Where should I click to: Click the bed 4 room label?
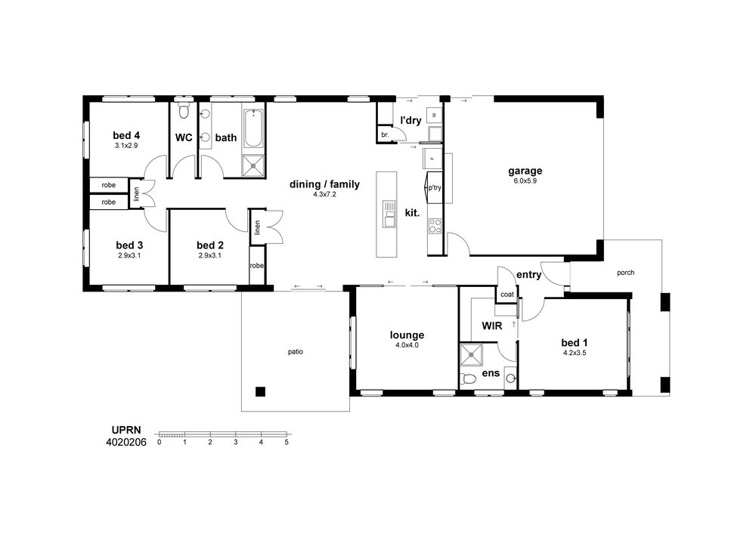(x=126, y=135)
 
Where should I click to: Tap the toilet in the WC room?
(x=183, y=110)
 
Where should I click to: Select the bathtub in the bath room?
(x=253, y=128)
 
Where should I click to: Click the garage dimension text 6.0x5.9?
(x=525, y=181)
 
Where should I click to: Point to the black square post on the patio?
(x=260, y=391)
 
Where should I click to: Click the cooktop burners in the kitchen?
(x=435, y=227)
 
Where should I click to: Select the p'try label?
(x=435, y=188)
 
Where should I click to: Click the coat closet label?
(x=507, y=295)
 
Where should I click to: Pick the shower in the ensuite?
(x=472, y=356)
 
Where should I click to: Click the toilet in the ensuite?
(x=467, y=379)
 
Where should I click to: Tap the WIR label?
(x=492, y=326)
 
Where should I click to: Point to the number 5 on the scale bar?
(x=287, y=442)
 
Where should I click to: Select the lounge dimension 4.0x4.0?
(x=407, y=344)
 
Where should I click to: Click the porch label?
(x=626, y=273)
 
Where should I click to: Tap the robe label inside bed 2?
(x=257, y=266)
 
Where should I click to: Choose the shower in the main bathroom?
(x=253, y=166)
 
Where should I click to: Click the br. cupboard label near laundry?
(x=385, y=135)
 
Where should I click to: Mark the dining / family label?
(x=324, y=184)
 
